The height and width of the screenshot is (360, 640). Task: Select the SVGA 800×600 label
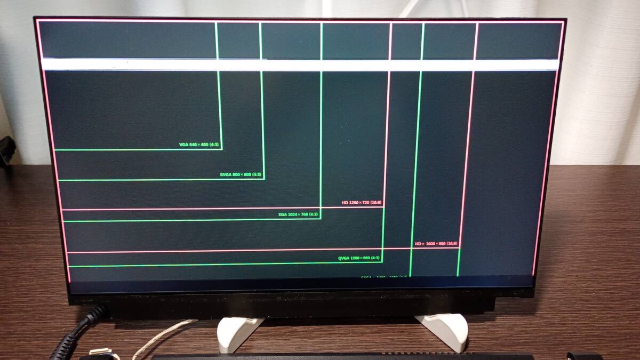241,174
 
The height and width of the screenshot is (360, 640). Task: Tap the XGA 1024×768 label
298,214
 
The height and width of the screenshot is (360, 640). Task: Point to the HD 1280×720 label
362,203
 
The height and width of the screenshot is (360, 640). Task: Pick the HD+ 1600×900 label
436,244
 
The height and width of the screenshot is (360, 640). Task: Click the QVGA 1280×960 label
359,258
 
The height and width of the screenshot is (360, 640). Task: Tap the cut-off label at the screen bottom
384,276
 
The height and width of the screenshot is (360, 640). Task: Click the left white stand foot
238,333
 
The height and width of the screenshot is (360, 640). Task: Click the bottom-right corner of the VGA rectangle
221,149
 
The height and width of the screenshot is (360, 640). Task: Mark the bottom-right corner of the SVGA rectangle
264,179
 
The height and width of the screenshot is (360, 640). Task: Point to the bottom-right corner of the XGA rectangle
320,219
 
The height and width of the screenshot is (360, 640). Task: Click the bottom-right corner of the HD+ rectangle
459,247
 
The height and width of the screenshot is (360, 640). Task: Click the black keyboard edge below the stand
341,356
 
